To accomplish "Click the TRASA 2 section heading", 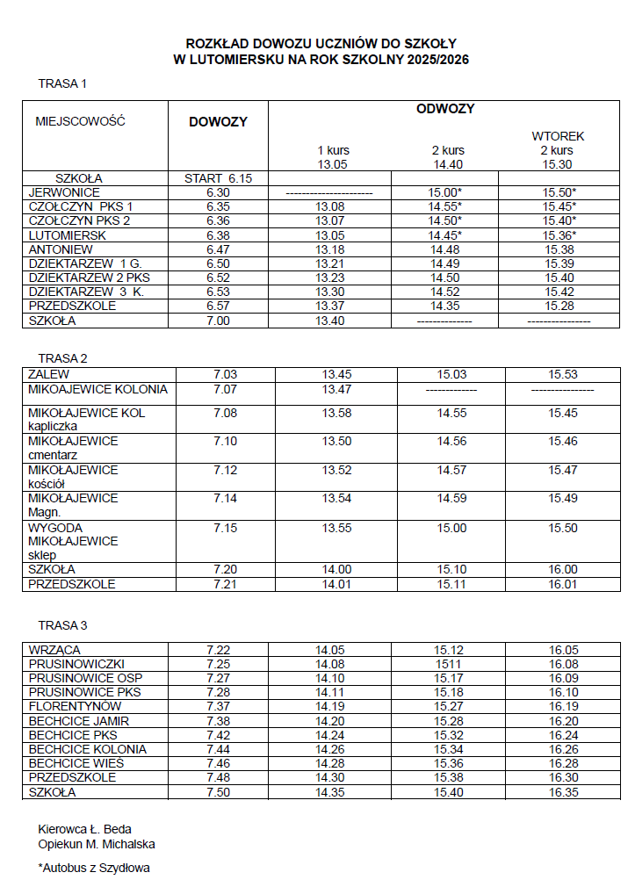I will click(x=62, y=357).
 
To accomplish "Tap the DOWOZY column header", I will click(x=218, y=122).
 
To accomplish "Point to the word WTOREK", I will click(x=558, y=136).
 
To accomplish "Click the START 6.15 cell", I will click(x=218, y=178).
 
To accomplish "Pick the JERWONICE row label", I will click(x=64, y=192).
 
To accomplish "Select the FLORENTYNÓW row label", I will click(x=75, y=706).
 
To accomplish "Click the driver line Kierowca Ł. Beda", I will click(x=84, y=829).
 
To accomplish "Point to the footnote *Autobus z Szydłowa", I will click(x=94, y=869).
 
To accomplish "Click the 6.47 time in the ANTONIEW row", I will click(x=218, y=249).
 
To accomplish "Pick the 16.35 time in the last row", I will click(x=563, y=792).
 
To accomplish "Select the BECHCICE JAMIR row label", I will click(x=79, y=721).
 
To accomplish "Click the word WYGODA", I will click(x=55, y=528).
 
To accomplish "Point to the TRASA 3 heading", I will click(x=62, y=625).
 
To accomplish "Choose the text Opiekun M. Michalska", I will click(x=97, y=844).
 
